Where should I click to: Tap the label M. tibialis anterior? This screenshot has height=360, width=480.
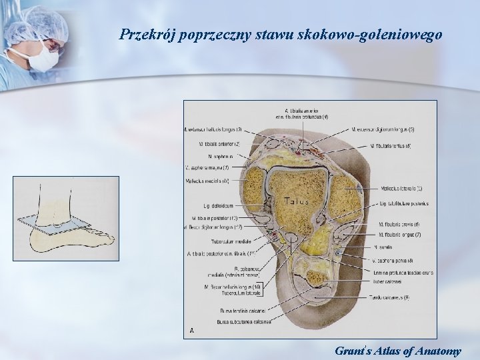click(219, 143)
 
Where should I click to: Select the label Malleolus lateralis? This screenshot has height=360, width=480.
click(401, 189)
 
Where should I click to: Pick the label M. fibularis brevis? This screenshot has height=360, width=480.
click(398, 225)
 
